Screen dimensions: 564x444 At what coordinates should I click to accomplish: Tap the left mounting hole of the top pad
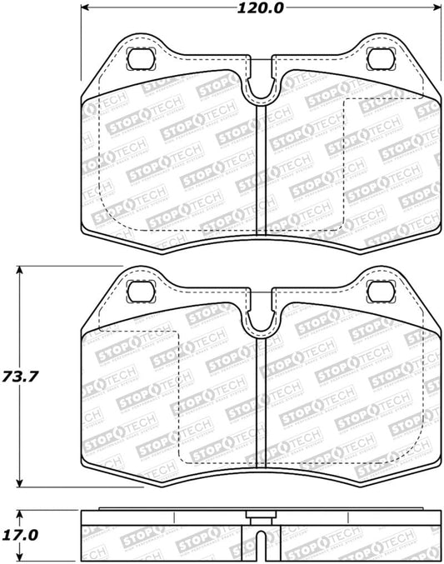[142, 60]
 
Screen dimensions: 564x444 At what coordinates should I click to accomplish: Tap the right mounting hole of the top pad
[380, 60]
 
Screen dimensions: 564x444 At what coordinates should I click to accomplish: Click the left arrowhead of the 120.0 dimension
[86, 9]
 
